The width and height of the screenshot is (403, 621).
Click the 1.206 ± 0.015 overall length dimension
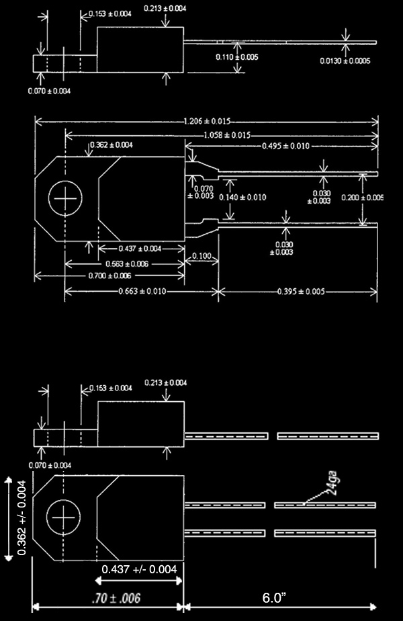[x=207, y=122]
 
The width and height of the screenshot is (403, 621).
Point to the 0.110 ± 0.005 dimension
[x=236, y=57]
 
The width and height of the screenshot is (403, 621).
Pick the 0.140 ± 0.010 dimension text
[x=242, y=198]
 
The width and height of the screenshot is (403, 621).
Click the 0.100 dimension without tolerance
[x=201, y=257]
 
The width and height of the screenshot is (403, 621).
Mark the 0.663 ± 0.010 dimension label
[x=142, y=292]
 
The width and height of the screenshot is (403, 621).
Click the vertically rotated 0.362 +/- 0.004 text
[x=22, y=518]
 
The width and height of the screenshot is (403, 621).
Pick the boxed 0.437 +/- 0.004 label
[x=139, y=569]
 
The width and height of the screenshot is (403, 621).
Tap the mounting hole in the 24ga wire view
[x=63, y=519]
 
